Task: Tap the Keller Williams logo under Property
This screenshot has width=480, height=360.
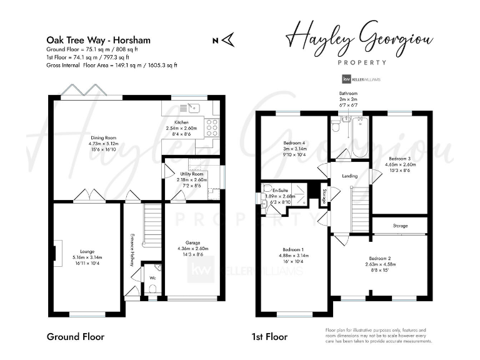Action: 361,79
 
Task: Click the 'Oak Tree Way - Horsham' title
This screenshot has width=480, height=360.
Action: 98,40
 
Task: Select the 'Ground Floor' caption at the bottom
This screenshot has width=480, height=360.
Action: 75,336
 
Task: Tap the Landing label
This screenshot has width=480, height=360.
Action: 349,176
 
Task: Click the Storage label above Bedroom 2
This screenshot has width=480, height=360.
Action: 400,226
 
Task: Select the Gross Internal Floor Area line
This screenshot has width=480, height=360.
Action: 112,65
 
